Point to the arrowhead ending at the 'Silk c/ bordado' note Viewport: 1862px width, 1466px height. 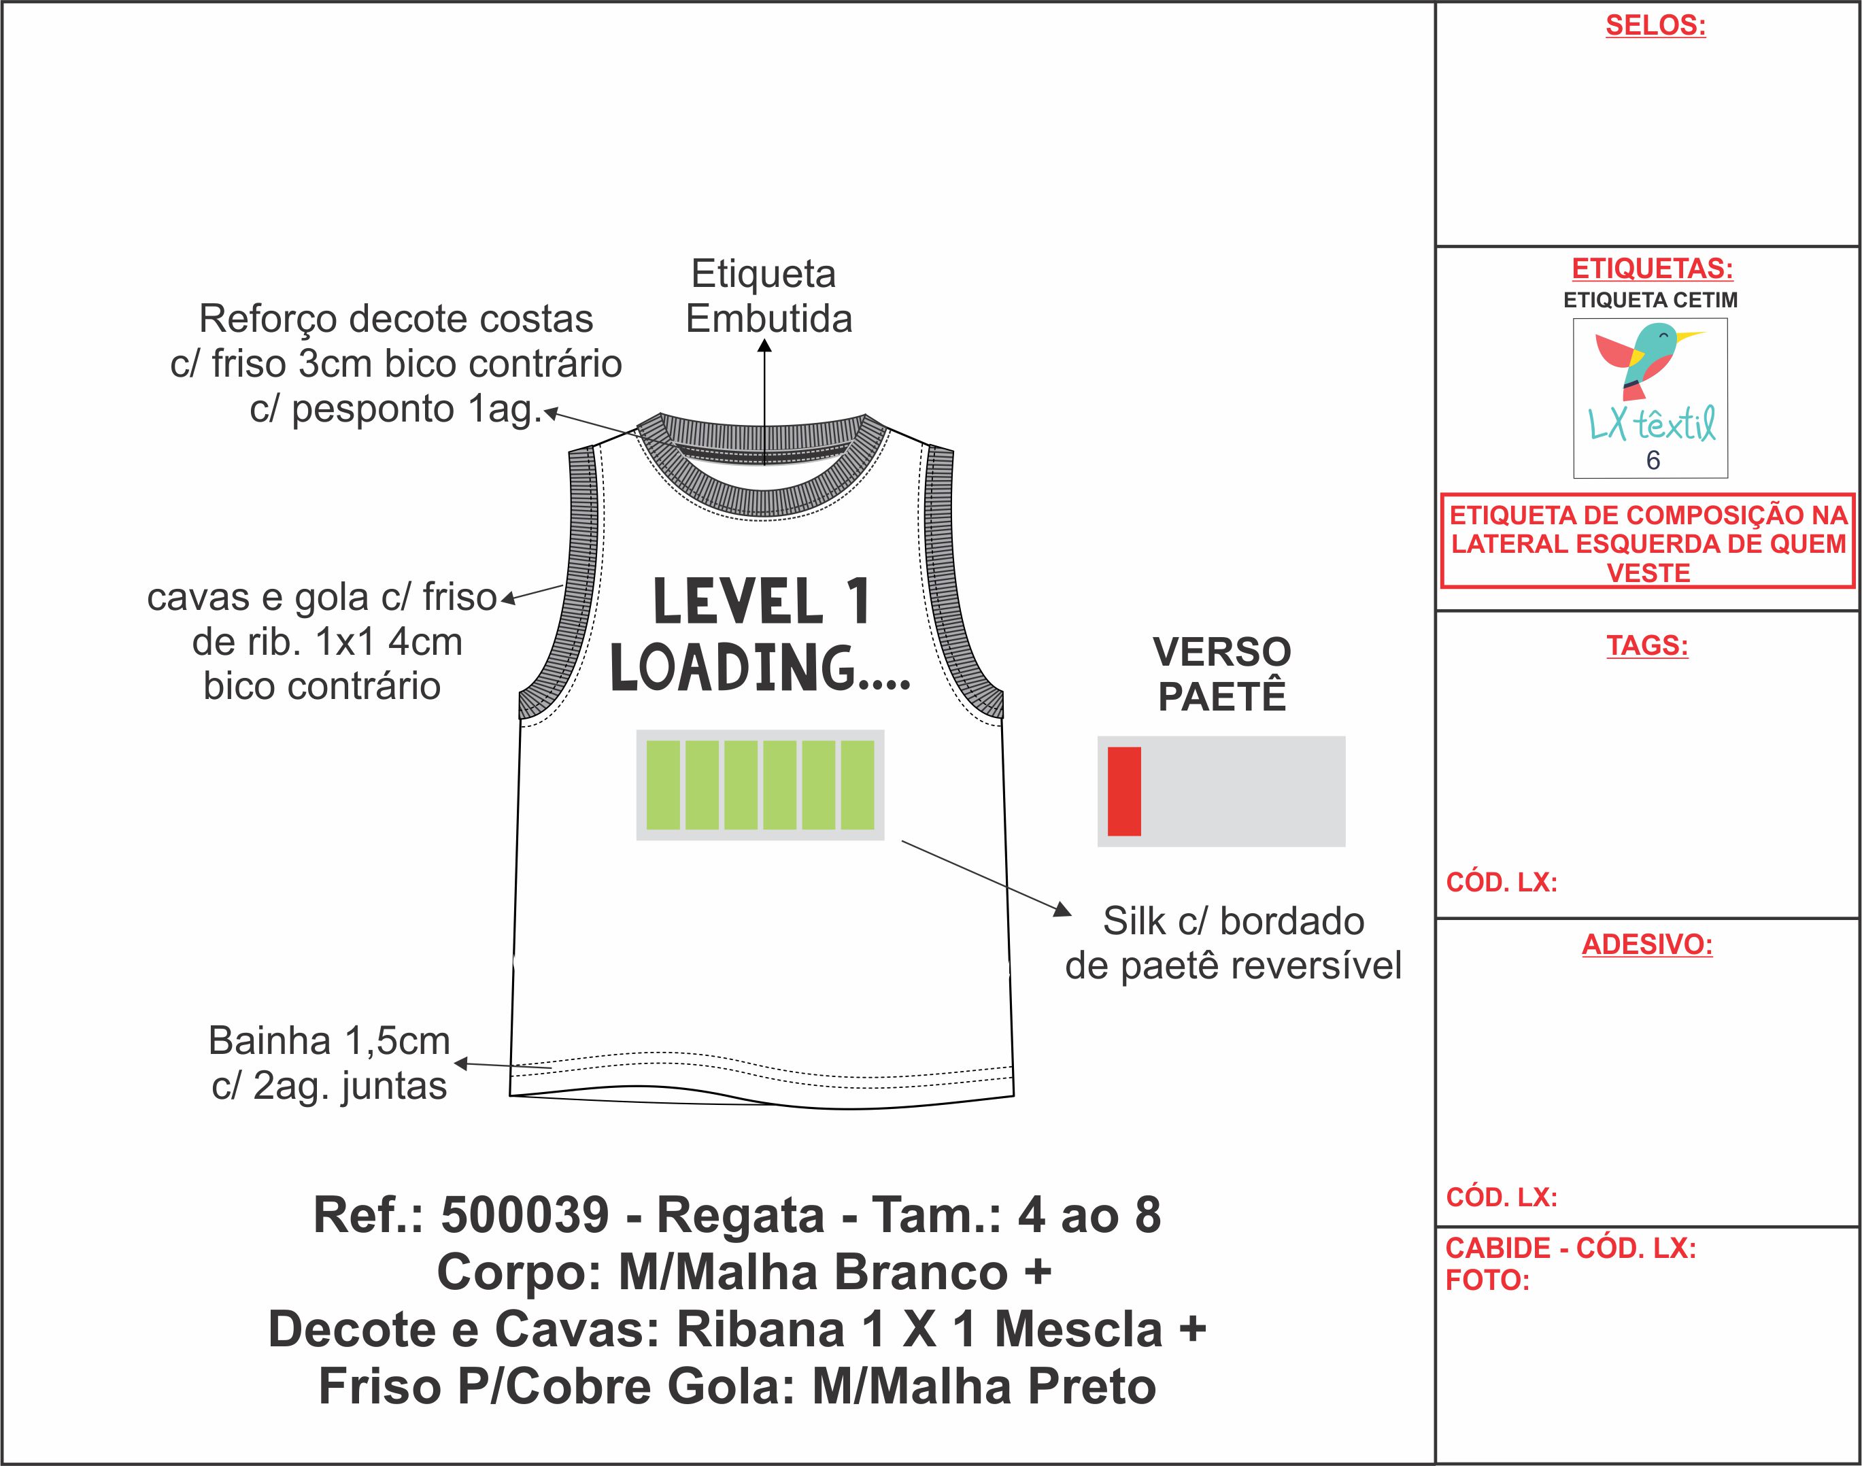[x=1071, y=915]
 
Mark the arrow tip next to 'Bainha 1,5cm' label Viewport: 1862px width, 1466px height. [x=455, y=1063]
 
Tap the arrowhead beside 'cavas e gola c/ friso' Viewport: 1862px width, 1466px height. [x=501, y=600]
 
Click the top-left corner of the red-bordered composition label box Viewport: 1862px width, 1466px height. [x=1441, y=494]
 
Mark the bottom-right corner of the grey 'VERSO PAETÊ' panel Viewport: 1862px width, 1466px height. [x=1345, y=847]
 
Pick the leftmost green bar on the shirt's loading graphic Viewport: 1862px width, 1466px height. [x=663, y=785]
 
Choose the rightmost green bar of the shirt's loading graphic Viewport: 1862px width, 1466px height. [x=857, y=785]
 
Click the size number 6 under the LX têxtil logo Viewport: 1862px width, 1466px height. [x=1653, y=461]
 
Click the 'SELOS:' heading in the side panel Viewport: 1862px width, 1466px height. [x=1655, y=26]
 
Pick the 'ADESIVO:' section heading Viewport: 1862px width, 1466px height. [x=1646, y=944]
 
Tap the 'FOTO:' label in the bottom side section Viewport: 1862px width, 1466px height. [x=1488, y=1280]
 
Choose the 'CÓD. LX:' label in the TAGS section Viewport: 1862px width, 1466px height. [x=1502, y=883]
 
